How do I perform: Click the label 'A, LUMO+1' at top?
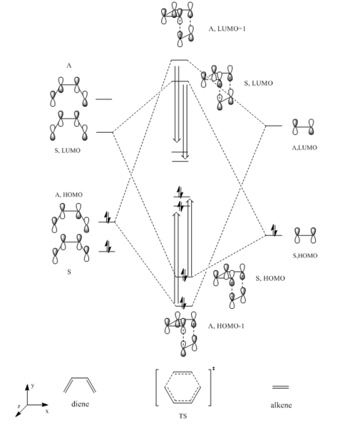227,29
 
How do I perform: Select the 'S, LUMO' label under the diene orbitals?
68,150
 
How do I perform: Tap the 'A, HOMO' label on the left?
68,195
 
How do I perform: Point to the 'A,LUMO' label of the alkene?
304,148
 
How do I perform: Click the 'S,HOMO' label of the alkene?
305,255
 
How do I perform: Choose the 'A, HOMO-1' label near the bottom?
226,326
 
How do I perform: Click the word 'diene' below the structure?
80,404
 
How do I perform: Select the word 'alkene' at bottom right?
281,405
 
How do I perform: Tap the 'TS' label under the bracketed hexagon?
183,416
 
